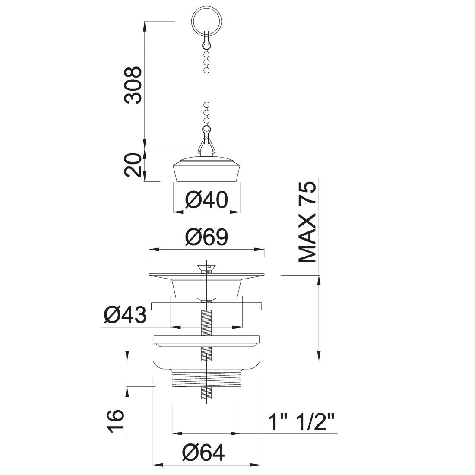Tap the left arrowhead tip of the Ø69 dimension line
[x=149, y=250]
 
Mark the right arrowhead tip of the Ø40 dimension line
[x=240, y=212]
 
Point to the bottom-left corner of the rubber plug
[x=176, y=181]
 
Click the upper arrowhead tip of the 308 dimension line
[x=145, y=22]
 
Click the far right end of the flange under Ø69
[x=264, y=275]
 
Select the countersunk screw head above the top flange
[x=206, y=268]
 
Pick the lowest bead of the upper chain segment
[x=206, y=70]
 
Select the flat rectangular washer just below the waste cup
[x=206, y=307]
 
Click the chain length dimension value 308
[x=133, y=85]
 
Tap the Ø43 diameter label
[x=125, y=315]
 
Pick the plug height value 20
[x=133, y=165]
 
